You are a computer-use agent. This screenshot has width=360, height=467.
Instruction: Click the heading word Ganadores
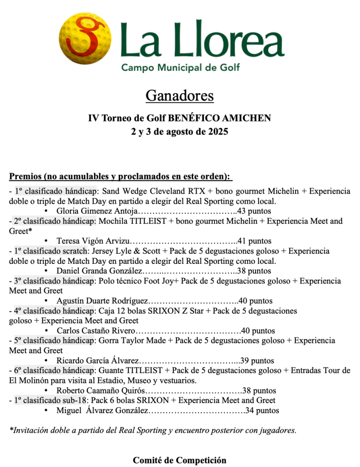(180, 96)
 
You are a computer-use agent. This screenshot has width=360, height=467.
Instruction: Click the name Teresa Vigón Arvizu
(94, 241)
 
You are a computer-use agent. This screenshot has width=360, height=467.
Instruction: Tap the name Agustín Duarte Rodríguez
(103, 301)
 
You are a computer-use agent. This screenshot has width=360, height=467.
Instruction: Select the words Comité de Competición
(180, 460)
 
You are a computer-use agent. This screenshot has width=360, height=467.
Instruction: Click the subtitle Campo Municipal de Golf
(180, 68)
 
